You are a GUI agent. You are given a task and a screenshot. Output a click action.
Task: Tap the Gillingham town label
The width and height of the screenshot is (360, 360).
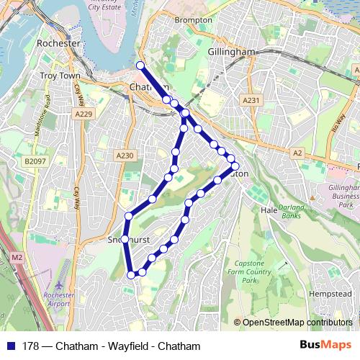pyautogui.click(x=231, y=53)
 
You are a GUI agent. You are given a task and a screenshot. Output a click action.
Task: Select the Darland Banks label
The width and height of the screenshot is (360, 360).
pyautogui.click(x=291, y=210)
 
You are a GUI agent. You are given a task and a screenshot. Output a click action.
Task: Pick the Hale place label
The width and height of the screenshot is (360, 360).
pyautogui.click(x=269, y=210)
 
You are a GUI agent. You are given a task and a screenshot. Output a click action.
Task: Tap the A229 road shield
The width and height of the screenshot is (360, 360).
pyautogui.click(x=85, y=114)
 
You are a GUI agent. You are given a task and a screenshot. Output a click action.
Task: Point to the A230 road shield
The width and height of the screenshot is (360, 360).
pyautogui.click(x=125, y=155)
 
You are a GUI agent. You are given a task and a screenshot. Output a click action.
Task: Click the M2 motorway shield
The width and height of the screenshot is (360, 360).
pyautogui.click(x=17, y=256)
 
